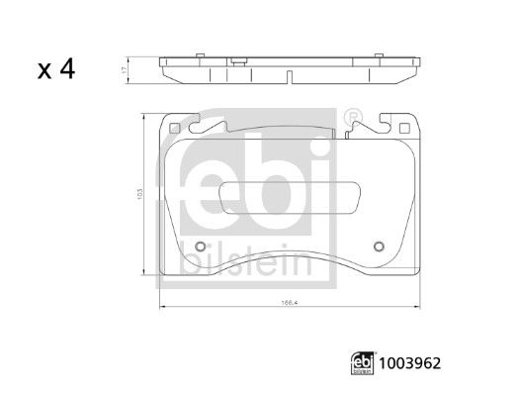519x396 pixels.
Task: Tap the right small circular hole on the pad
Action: pyautogui.click(x=376, y=247)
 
